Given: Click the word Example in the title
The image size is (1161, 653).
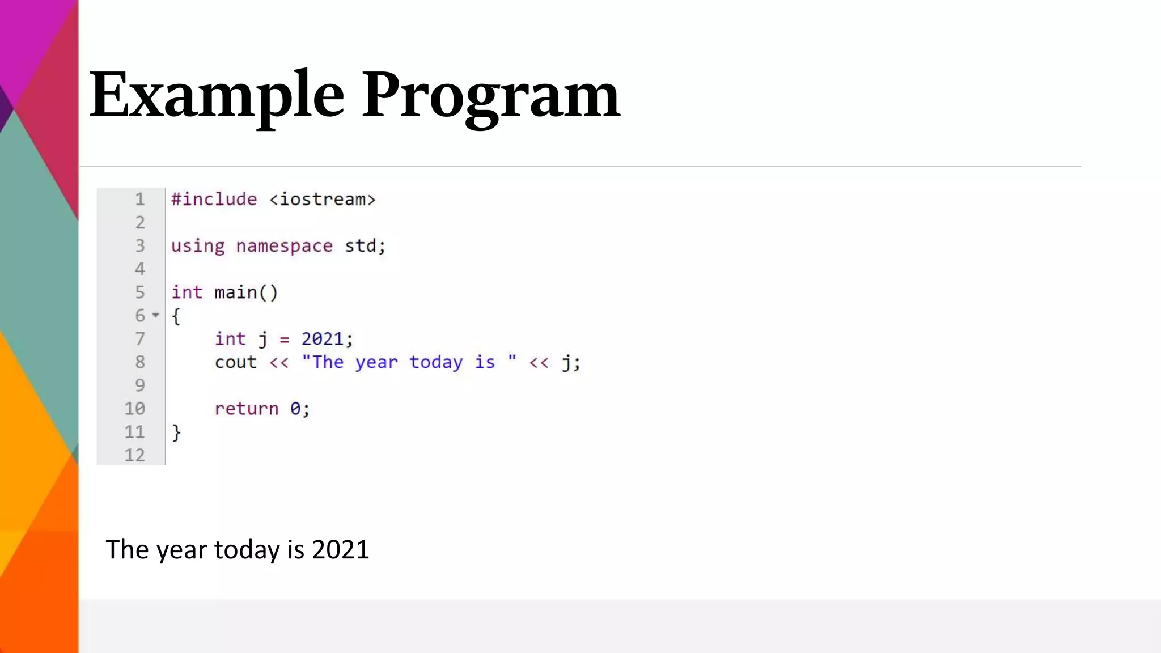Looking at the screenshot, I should tap(217, 95).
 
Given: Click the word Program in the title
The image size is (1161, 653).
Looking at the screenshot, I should tap(491, 95).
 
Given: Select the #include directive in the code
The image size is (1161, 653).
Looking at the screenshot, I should tap(214, 200).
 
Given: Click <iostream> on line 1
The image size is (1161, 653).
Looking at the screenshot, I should tap(322, 200).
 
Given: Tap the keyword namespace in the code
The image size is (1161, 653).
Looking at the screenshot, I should tap(284, 246).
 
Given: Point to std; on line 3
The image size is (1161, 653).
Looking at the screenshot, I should tap(365, 246).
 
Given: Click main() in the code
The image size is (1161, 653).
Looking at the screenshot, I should tap(246, 292).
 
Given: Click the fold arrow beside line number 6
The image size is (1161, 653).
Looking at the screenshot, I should tap(156, 315).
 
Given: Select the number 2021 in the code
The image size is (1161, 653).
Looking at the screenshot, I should tap(323, 339).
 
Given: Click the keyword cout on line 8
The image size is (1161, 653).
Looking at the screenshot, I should tap(235, 362).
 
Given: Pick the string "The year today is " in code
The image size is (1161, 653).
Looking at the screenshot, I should tap(409, 362).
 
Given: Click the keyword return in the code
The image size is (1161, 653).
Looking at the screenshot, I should tap(247, 409).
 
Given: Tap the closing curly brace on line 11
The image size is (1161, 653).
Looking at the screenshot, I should tap(176, 432).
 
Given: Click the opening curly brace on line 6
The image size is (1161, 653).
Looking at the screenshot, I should tap(176, 316).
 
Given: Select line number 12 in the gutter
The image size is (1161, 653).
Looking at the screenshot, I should tap(135, 455).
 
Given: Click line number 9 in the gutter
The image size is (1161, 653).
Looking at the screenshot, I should tap(140, 385).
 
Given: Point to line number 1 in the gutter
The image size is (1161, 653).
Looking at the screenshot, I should tap(140, 200).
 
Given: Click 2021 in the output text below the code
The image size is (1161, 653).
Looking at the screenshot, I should tap(341, 550).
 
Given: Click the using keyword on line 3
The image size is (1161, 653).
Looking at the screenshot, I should tap(198, 246).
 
